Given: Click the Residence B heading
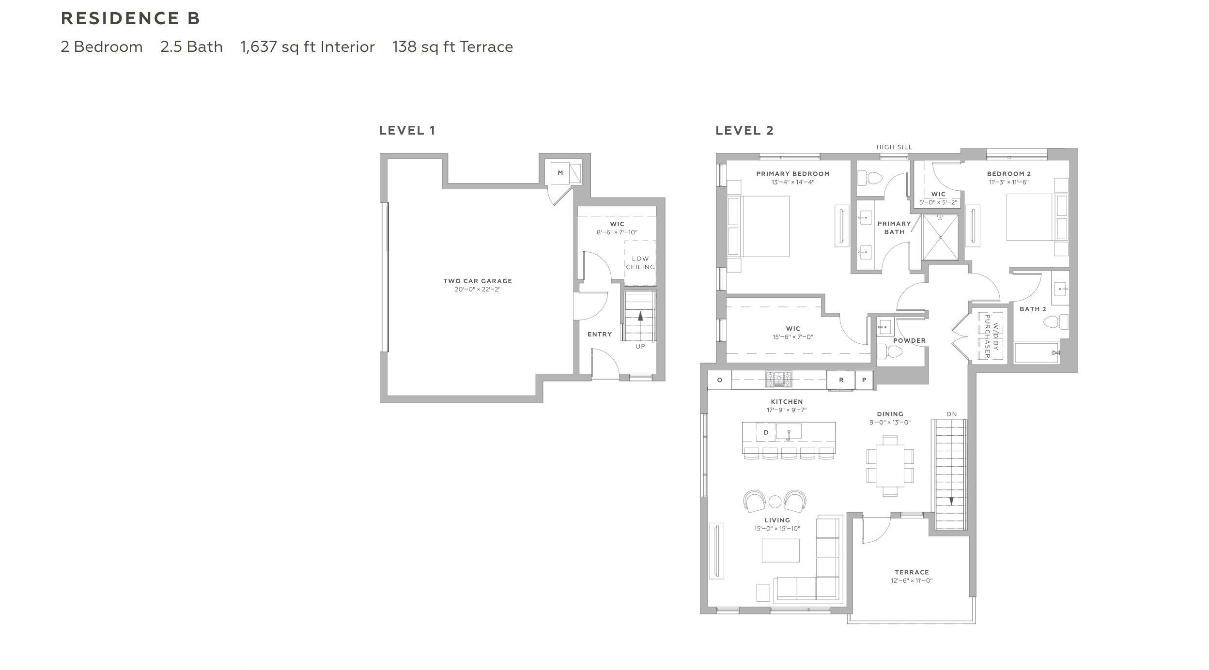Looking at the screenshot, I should pyautogui.click(x=130, y=18).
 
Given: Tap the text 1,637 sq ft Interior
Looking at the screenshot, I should pyautogui.click(x=307, y=47).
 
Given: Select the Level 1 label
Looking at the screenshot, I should pyautogui.click(x=407, y=130).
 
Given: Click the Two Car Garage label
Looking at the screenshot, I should pyautogui.click(x=478, y=281).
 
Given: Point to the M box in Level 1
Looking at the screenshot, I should pyautogui.click(x=560, y=173).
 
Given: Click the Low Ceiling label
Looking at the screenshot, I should pyautogui.click(x=640, y=263).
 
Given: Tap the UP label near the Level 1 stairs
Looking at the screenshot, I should pyautogui.click(x=640, y=347).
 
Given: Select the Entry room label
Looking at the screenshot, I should pyautogui.click(x=600, y=335).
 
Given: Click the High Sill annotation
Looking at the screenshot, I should pyautogui.click(x=894, y=147).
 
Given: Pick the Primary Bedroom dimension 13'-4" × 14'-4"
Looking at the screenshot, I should pyautogui.click(x=793, y=183).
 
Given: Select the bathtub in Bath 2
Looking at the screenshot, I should pyautogui.click(x=1037, y=353).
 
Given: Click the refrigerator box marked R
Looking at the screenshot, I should pyautogui.click(x=841, y=380).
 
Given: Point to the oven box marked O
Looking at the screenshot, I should pyautogui.click(x=719, y=380).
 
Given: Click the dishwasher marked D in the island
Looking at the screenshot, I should pyautogui.click(x=766, y=432).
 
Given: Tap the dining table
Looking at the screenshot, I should pyautogui.click(x=890, y=465).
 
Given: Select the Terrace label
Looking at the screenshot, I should pyautogui.click(x=912, y=572).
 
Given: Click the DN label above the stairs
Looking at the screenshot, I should pyautogui.click(x=951, y=414).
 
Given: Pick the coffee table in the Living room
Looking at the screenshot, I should pyautogui.click(x=780, y=550).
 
